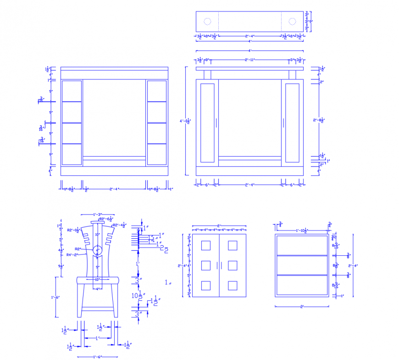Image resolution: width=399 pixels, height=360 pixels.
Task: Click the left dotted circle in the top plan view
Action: [x=207, y=22]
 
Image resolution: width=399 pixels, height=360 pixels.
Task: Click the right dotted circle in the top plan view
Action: [x=292, y=22]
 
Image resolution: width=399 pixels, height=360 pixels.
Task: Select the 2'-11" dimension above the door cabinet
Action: [x=250, y=60]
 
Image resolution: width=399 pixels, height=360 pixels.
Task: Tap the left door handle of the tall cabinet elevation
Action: [x=216, y=123]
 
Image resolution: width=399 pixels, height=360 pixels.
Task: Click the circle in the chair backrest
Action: [x=97, y=250]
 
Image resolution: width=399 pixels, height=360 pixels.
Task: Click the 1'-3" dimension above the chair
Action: [x=97, y=214]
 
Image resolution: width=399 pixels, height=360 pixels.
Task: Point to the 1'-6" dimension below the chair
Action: [x=97, y=357]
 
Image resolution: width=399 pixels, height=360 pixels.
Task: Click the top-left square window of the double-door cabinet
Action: [x=206, y=246]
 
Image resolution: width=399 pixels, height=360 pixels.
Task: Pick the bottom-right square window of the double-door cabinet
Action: [x=233, y=286]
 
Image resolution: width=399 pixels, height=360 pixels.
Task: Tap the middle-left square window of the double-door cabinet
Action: [x=206, y=266]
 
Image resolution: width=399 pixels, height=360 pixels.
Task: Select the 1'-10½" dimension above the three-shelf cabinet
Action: [x=301, y=230]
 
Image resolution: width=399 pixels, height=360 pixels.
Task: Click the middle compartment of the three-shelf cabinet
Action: [x=302, y=265]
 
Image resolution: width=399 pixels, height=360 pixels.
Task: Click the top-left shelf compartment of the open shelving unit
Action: [x=72, y=91]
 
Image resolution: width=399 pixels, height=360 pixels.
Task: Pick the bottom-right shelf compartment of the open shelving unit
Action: [x=156, y=154]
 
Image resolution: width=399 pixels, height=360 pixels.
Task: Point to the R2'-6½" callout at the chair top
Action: [x=106, y=219]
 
